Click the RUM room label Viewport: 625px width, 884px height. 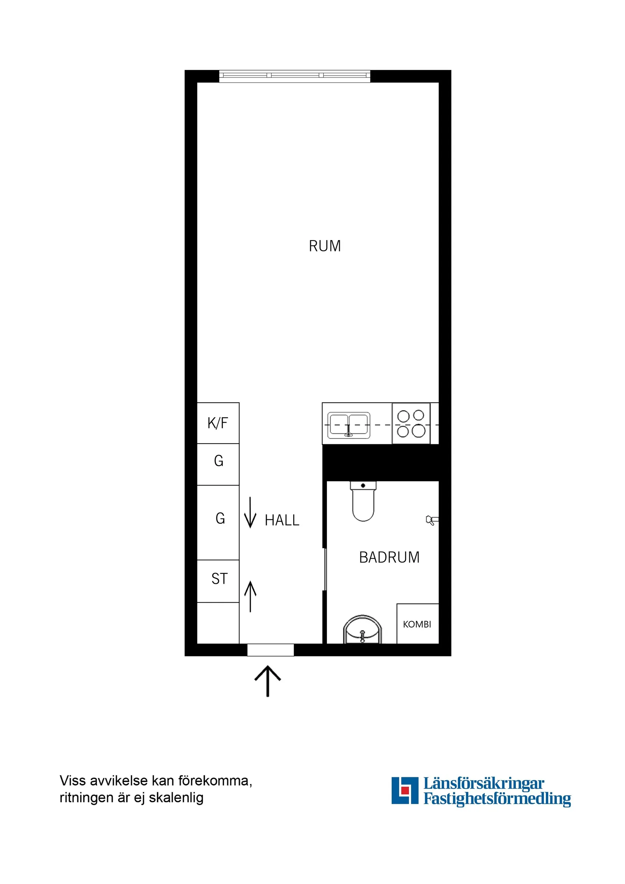pos(325,246)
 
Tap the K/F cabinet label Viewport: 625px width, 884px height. pos(217,423)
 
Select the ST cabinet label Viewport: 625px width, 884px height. pos(219,579)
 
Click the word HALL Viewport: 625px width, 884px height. pos(282,520)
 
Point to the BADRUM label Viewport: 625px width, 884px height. pos(389,558)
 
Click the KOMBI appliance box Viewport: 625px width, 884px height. pos(417,624)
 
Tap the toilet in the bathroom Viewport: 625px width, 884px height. pos(363,501)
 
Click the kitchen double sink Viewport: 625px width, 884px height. pos(348,425)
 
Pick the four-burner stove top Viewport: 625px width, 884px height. pos(411,423)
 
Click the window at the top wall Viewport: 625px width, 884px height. pos(295,76)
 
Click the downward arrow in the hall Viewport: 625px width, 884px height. pos(250,512)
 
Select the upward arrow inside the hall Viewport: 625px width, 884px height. pos(250,597)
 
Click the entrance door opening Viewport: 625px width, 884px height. pos(270,650)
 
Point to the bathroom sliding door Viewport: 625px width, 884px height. pos(325,569)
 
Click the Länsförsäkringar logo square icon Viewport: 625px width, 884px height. pos(404,791)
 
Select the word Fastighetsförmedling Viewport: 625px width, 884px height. pos(497,799)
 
